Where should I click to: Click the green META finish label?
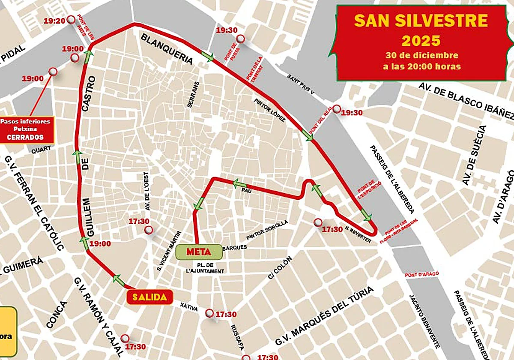tap(199, 252)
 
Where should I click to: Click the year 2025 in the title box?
tap(421, 41)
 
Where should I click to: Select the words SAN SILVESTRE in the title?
tap(421, 21)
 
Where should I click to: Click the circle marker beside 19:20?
tap(71, 19)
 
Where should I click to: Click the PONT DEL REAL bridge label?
tap(321, 121)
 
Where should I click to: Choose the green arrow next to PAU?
tap(239, 184)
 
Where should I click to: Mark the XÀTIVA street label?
tap(185, 305)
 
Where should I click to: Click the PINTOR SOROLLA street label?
tap(267, 231)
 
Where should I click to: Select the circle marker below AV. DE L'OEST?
tap(149, 230)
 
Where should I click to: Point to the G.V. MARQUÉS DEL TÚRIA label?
tap(324, 318)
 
